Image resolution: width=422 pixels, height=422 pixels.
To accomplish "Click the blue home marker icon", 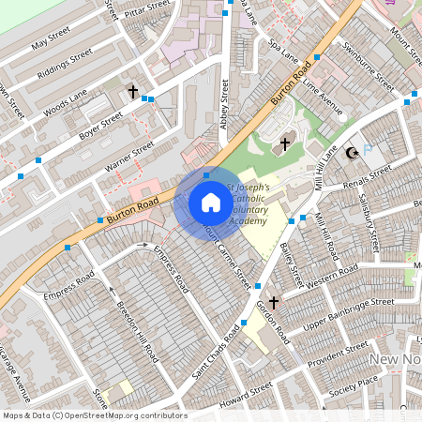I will [x=211, y=202].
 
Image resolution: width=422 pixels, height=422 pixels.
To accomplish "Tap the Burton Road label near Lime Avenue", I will [x=291, y=84].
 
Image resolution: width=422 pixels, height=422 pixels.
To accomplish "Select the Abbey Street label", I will [x=225, y=93].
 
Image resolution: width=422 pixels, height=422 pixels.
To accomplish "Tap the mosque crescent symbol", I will [x=353, y=153].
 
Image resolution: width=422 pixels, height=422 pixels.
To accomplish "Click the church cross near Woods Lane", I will [x=133, y=93].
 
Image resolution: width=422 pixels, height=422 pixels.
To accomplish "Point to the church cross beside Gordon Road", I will [x=274, y=303].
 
